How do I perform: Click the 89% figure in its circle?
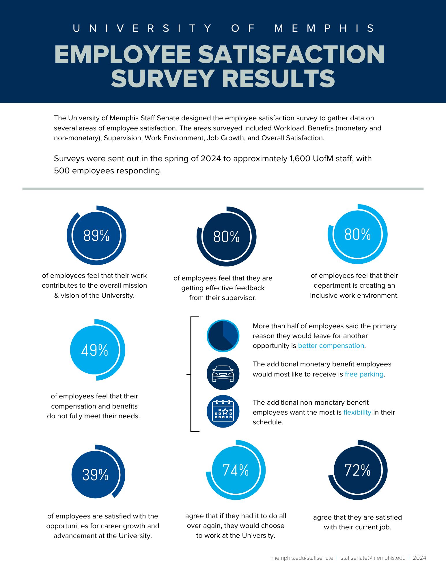(x=96, y=235)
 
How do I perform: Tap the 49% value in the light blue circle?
(x=94, y=350)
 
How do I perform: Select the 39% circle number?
(x=95, y=475)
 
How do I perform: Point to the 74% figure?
(x=236, y=470)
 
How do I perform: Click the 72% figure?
(x=357, y=470)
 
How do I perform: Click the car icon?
(x=223, y=374)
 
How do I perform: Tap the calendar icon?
(x=223, y=411)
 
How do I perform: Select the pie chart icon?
(x=223, y=336)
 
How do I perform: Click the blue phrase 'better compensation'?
(x=331, y=346)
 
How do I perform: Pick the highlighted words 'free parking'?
(x=364, y=374)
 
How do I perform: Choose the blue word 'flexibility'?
(x=357, y=412)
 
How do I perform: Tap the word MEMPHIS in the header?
(x=324, y=28)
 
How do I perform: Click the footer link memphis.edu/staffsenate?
(x=302, y=558)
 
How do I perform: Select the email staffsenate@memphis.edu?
(x=373, y=558)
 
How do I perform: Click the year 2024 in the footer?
(x=419, y=558)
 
